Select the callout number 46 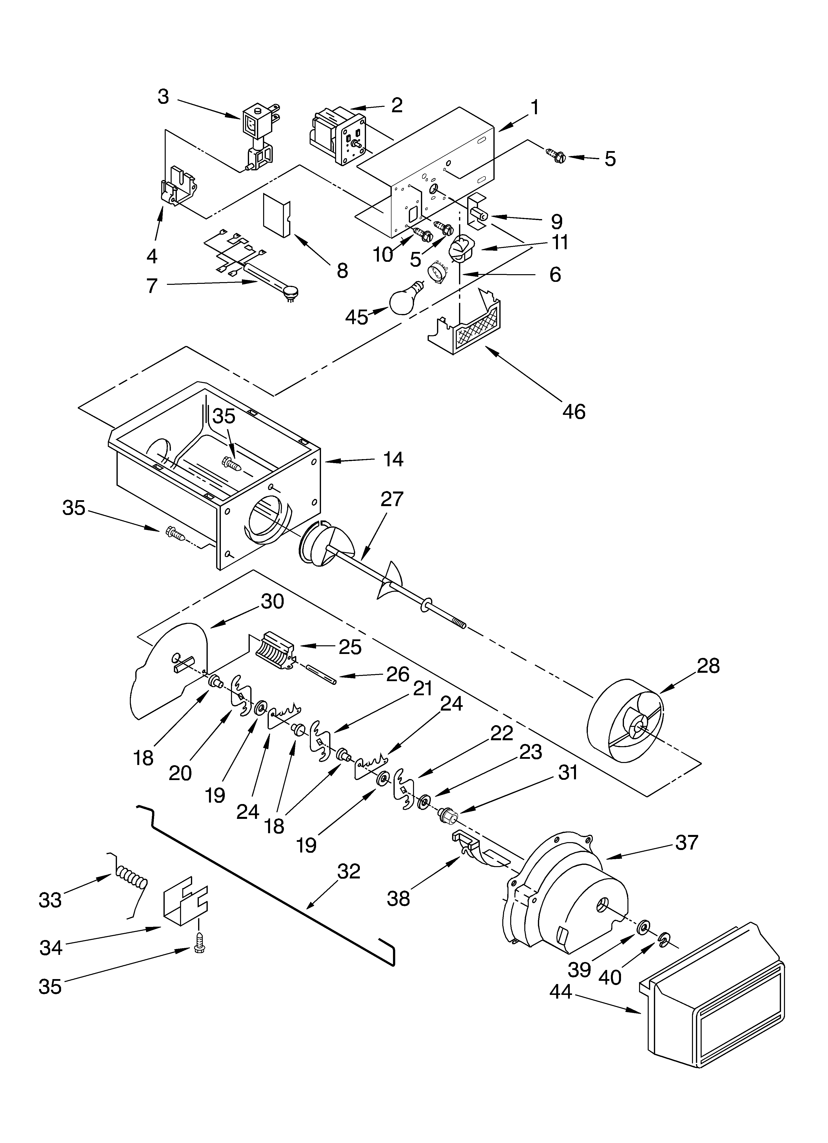[x=574, y=412]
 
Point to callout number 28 [x=708, y=666]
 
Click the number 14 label [x=393, y=459]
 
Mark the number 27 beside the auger [x=392, y=499]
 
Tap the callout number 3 [x=163, y=97]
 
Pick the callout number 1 [x=534, y=107]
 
